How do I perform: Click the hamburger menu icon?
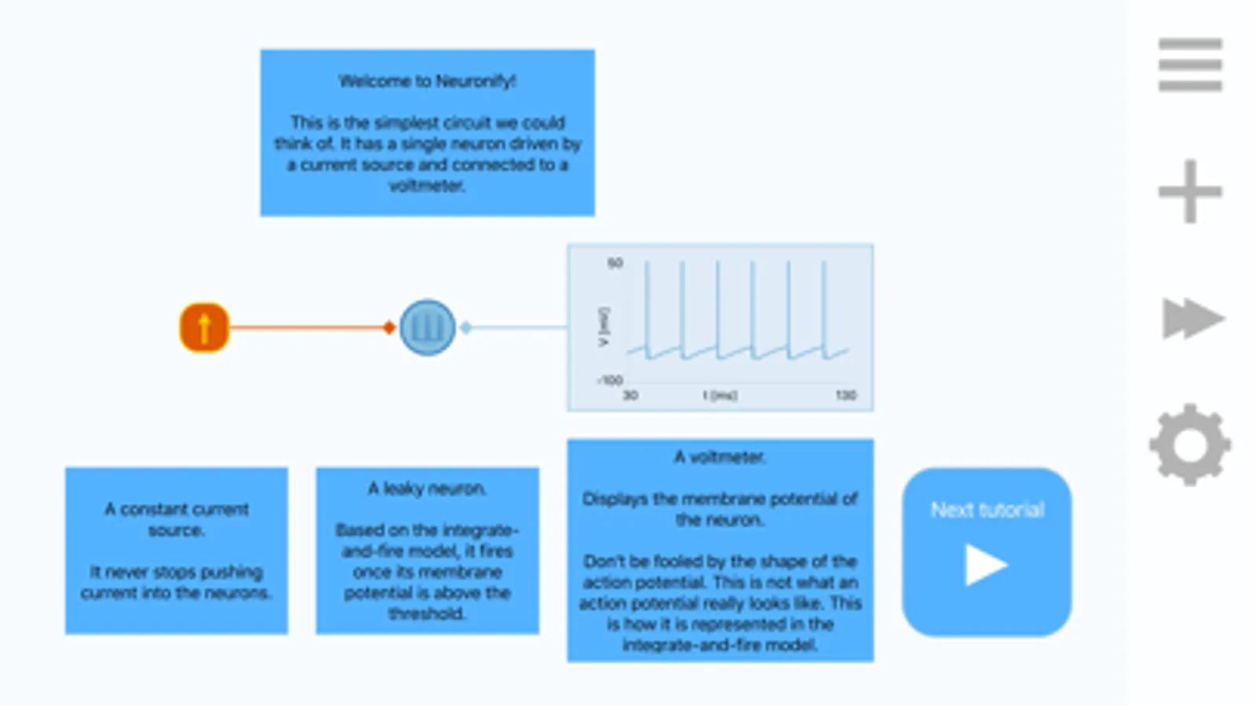pyautogui.click(x=1190, y=64)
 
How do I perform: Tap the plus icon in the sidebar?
pyautogui.click(x=1190, y=191)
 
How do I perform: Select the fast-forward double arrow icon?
pyautogui.click(x=1191, y=318)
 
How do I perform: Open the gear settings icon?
pyautogui.click(x=1190, y=445)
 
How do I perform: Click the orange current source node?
pyautogui.click(x=204, y=328)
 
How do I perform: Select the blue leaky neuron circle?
pyautogui.click(x=427, y=328)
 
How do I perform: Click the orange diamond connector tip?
pyautogui.click(x=389, y=328)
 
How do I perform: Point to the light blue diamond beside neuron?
pyautogui.click(x=466, y=328)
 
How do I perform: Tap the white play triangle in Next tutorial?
pyautogui.click(x=986, y=565)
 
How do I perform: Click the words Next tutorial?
pyautogui.click(x=987, y=510)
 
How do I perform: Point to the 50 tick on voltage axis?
pyautogui.click(x=615, y=264)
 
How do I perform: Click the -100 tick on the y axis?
pyautogui.click(x=610, y=380)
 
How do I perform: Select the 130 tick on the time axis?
pyautogui.click(x=845, y=395)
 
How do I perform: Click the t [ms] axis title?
pyautogui.click(x=720, y=395)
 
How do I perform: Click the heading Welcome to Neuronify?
pyautogui.click(x=427, y=81)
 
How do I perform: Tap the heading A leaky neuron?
pyautogui.click(x=427, y=489)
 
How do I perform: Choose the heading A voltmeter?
pyautogui.click(x=720, y=457)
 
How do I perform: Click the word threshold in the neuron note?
pyautogui.click(x=427, y=613)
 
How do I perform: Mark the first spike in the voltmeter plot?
pyautogui.click(x=648, y=306)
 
